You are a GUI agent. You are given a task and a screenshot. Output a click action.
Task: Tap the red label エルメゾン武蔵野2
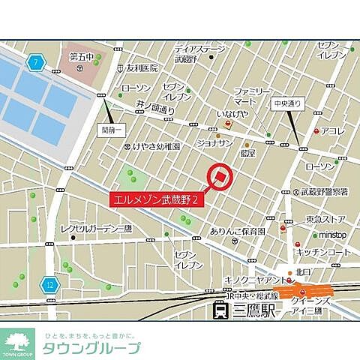click(x=157, y=200)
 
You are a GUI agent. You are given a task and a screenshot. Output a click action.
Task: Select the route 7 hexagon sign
click(x=34, y=62)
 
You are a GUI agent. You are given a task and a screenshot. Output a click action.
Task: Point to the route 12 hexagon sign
click(x=49, y=285)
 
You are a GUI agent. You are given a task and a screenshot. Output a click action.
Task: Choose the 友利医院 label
click(x=142, y=67)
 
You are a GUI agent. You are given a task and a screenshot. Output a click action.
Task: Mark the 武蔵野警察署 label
click(x=326, y=190)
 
